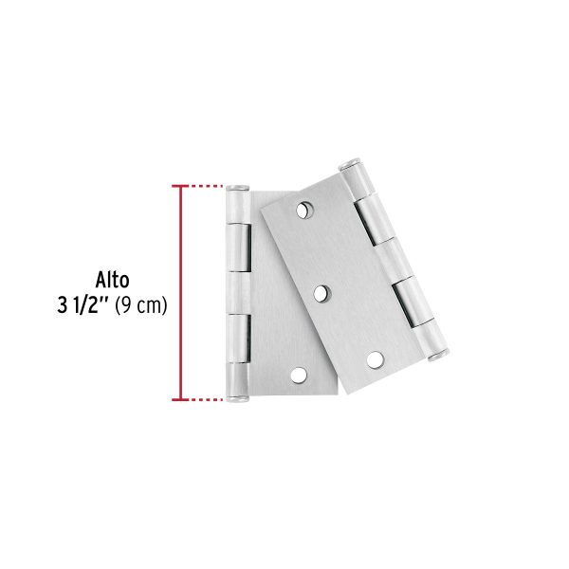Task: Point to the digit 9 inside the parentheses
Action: [x=126, y=306]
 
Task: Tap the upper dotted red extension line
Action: [x=205, y=185]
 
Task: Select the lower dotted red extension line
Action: [x=205, y=399]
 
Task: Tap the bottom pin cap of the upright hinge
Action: [x=237, y=399]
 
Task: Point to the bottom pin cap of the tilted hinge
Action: [x=439, y=355]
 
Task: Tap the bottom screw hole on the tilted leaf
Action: [x=375, y=359]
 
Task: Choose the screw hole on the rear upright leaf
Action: [x=300, y=376]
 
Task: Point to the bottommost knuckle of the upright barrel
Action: [x=237, y=378]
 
